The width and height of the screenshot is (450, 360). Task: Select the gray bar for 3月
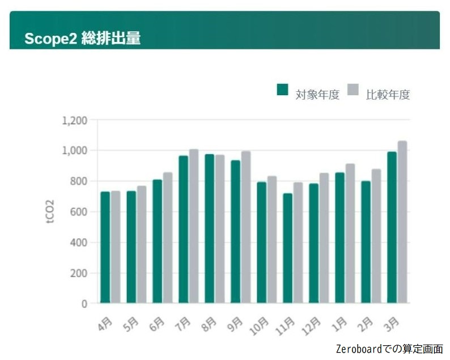402,222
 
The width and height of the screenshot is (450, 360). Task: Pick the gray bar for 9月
246,227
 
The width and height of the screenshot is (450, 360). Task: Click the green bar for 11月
287,248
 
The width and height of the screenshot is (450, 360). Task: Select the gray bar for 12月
324,238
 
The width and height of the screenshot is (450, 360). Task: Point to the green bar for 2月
366,242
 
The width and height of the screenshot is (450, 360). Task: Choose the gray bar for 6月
168,238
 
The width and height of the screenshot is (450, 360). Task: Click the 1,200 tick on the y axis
74,120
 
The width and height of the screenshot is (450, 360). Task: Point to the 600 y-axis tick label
78,212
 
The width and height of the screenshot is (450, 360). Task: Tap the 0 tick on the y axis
84,304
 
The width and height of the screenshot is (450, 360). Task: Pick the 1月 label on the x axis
339,324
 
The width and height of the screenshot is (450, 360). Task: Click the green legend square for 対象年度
282,90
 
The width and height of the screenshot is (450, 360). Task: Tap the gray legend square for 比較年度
353,90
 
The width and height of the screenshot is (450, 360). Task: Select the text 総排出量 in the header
111,39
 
